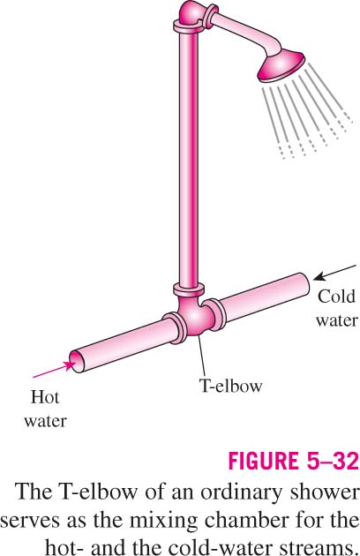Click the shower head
coord(281,66)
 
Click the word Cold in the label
coord(336,297)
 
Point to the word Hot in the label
coord(45,397)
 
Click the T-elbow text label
coord(231,386)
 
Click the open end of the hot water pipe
coord(77,361)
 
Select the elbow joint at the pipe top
coord(191,14)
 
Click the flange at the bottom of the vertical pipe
coord(189,289)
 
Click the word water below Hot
coord(45,421)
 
